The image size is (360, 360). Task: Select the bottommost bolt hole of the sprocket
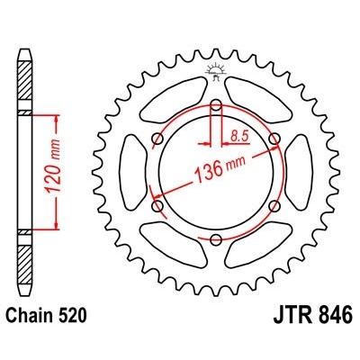point(217,239)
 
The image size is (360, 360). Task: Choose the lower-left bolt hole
point(158,206)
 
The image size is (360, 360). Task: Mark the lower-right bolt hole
point(275,206)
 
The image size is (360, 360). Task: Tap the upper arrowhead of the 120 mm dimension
point(58,119)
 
